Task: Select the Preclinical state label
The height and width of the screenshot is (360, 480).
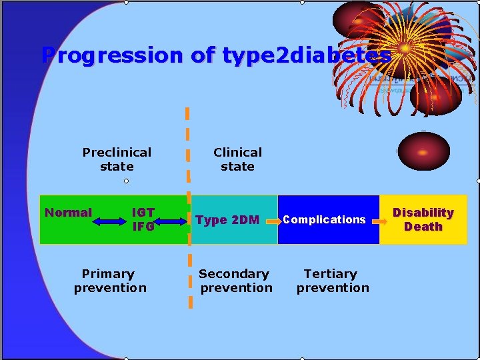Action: [117, 159]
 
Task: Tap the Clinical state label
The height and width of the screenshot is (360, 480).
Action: [237, 159]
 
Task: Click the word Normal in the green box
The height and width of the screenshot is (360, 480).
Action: [68, 213]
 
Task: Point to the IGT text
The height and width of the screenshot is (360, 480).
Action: [143, 213]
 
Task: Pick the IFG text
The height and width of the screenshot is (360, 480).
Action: [143, 227]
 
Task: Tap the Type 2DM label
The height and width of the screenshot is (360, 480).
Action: [227, 220]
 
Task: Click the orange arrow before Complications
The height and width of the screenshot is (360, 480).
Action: [271, 220]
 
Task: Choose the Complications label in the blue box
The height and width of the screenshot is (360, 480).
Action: [325, 219]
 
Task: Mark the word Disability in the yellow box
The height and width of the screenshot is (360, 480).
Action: [423, 213]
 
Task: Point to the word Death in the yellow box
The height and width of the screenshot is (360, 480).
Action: [423, 227]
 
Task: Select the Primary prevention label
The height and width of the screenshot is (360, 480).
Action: [110, 281]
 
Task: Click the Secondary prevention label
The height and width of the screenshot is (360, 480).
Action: [235, 281]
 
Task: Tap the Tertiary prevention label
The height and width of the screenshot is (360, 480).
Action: [332, 281]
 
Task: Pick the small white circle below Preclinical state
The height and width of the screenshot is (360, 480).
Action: [126, 181]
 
